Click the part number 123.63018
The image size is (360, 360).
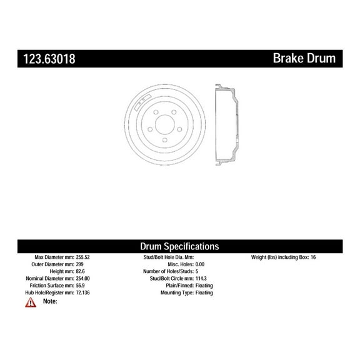point(49,59)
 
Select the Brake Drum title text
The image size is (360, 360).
point(304,59)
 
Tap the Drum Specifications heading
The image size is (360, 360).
point(179,246)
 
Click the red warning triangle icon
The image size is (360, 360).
point(31,302)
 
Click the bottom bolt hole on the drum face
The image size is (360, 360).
point(164,139)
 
